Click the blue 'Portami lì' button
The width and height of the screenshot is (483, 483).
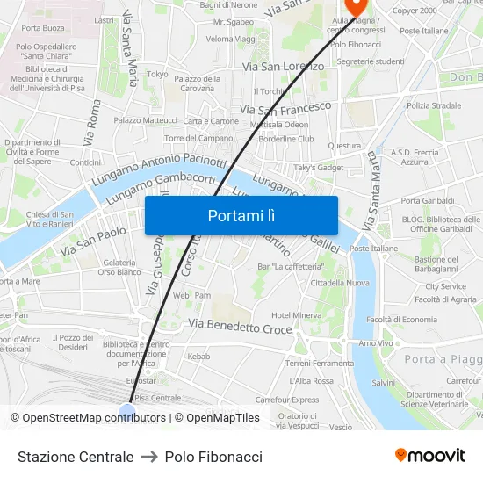pyautogui.click(x=241, y=215)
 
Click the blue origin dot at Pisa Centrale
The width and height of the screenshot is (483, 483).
pyautogui.click(x=127, y=409)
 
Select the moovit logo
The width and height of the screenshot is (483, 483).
pyautogui.click(x=429, y=456)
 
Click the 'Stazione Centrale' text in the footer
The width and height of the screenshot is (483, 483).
pyautogui.click(x=76, y=457)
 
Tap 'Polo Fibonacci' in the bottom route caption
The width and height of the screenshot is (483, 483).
pyautogui.click(x=213, y=457)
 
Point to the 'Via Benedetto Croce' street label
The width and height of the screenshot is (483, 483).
pyautogui.click(x=241, y=328)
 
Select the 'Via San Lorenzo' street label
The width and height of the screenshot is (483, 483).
pyautogui.click(x=282, y=66)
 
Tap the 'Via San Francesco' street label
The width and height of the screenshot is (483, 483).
pyautogui.click(x=285, y=108)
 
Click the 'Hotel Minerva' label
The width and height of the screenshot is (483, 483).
pyautogui.click(x=296, y=315)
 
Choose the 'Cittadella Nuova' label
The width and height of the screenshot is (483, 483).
pyautogui.click(x=340, y=283)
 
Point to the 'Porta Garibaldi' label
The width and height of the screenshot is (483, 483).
pyautogui.click(x=427, y=201)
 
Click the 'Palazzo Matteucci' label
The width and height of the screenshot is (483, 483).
pyautogui.click(x=145, y=120)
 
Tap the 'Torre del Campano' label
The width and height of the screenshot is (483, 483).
pyautogui.click(x=198, y=138)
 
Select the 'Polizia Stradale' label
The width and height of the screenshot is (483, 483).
pyautogui.click(x=434, y=105)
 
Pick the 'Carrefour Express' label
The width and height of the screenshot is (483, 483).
pyautogui.click(x=286, y=400)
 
